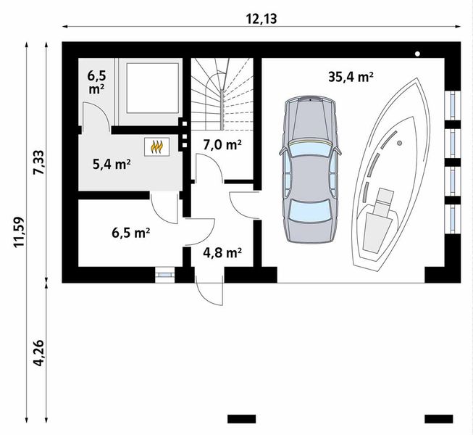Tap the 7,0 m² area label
click(x=222, y=144)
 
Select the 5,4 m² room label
click(x=111, y=164)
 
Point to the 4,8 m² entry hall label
click(x=222, y=253)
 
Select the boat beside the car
click(x=391, y=181)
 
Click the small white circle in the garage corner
click(x=418, y=54)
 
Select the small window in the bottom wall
click(x=165, y=275)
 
